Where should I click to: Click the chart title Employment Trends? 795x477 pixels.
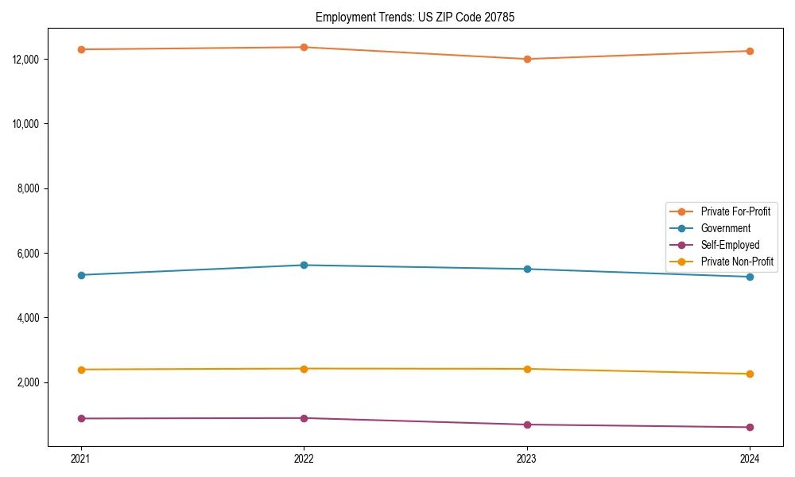click(415, 17)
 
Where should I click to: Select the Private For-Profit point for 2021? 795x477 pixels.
click(81, 49)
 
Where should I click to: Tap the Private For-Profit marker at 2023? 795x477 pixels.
click(527, 59)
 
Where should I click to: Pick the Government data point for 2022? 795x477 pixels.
click(304, 265)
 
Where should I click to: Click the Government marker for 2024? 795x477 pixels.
click(750, 277)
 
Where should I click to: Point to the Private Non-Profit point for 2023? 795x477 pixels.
click(527, 369)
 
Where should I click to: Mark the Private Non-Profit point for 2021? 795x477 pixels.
click(81, 370)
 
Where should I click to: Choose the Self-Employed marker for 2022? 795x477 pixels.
click(304, 418)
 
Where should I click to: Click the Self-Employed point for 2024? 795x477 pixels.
click(750, 427)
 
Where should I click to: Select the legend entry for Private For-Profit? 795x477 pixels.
click(735, 211)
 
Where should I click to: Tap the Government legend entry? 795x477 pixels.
click(725, 228)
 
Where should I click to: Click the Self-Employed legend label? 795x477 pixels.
click(730, 245)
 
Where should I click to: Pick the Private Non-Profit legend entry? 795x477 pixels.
click(737, 262)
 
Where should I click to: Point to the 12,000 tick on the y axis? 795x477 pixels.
click(27, 60)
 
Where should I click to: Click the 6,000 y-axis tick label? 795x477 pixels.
click(29, 254)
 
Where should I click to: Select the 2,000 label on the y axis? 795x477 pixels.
click(29, 382)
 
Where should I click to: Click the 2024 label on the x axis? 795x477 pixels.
click(750, 458)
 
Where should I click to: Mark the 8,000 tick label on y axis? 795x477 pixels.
click(29, 188)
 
